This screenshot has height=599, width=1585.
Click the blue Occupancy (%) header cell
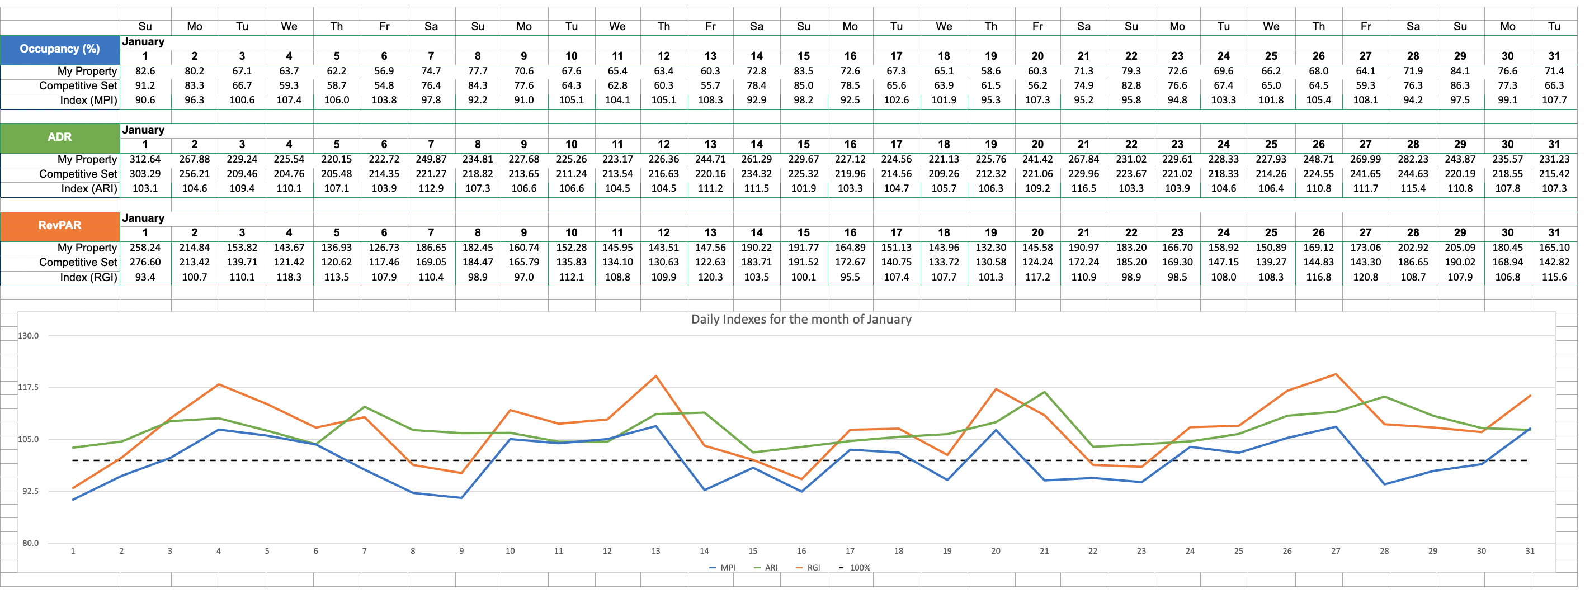(x=60, y=49)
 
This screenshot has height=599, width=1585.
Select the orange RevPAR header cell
(x=60, y=226)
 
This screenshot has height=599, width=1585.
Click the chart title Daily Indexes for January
(x=800, y=319)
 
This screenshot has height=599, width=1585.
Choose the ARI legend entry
(x=766, y=568)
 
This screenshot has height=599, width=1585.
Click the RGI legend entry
(x=809, y=568)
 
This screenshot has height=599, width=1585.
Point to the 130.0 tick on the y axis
(x=29, y=336)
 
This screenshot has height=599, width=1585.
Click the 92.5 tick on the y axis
(x=29, y=491)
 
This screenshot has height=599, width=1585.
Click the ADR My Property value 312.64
(x=145, y=159)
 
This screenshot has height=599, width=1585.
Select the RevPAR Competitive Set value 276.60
(x=145, y=262)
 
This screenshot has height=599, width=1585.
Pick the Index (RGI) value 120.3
(x=710, y=277)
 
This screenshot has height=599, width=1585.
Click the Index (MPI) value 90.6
(x=145, y=100)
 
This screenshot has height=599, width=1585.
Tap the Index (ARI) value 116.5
(x=1083, y=188)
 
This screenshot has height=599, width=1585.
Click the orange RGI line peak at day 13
(x=656, y=377)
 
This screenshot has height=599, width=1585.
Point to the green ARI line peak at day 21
(x=1044, y=392)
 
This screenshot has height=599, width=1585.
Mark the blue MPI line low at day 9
(x=461, y=497)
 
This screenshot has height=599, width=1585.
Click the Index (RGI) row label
(x=88, y=277)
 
